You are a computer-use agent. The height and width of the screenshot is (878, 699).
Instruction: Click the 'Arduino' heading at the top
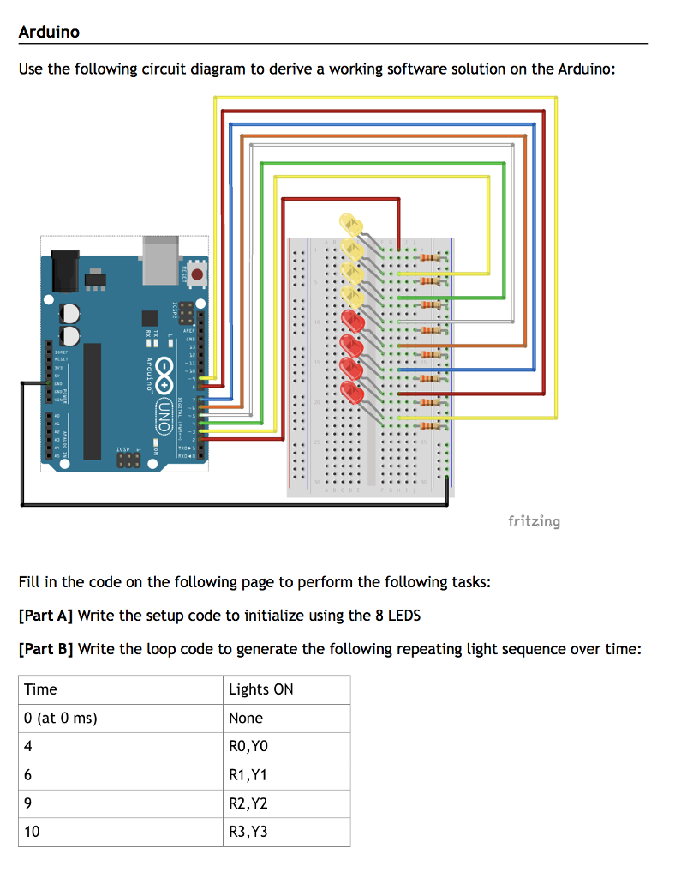[x=49, y=33]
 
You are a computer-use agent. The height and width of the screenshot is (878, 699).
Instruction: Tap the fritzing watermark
[x=534, y=520]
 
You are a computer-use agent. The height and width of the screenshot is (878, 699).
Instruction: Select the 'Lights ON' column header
[x=260, y=689]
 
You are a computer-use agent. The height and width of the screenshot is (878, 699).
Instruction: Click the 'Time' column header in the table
[x=41, y=689]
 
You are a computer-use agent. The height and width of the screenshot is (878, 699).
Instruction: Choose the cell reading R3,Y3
[x=248, y=831]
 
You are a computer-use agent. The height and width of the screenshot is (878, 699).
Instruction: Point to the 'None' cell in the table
[x=246, y=718]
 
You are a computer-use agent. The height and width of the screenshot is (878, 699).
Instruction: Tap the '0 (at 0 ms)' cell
[x=60, y=718]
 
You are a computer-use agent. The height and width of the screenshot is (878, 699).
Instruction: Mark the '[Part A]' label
[x=45, y=616]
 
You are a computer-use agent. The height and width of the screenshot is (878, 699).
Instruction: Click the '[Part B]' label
[x=45, y=649]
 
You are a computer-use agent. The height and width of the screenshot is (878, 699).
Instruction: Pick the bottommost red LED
[x=351, y=393]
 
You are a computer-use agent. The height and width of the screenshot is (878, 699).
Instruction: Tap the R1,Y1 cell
[x=248, y=774]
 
